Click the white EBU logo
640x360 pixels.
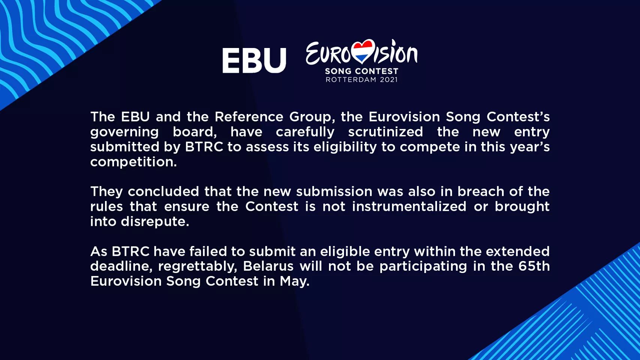[x=254, y=60]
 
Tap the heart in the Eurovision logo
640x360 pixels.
[x=363, y=51]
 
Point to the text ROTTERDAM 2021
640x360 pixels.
[x=361, y=79]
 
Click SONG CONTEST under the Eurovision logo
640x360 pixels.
[x=361, y=71]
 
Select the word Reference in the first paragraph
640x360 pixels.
[x=249, y=117]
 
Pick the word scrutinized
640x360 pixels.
[x=385, y=132]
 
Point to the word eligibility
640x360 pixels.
[x=345, y=147]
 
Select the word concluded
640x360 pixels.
[x=163, y=191]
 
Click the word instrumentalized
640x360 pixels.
[x=409, y=206]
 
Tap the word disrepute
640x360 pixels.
[x=155, y=222]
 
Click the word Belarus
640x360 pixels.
[x=268, y=266]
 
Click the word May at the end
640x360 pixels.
[x=294, y=282]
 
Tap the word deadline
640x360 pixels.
[x=122, y=267]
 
